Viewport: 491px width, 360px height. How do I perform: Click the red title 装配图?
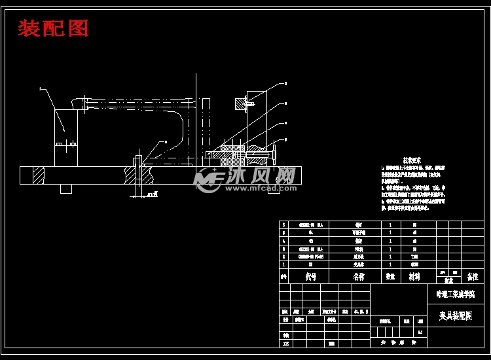(x=53, y=29)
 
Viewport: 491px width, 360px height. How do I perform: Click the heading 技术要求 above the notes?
(x=411, y=160)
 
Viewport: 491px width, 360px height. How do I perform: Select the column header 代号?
(x=310, y=277)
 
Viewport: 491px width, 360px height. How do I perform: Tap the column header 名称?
(x=358, y=277)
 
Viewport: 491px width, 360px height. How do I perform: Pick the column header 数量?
(x=390, y=277)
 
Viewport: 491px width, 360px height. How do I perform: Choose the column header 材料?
(x=415, y=277)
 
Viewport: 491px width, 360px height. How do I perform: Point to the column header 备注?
(x=472, y=277)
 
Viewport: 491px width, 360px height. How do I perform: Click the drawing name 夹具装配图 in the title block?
(x=455, y=315)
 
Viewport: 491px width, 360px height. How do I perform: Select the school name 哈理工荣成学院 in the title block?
(x=455, y=294)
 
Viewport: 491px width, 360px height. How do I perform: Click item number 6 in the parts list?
(x=283, y=225)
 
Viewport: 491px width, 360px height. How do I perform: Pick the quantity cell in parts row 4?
(x=390, y=241)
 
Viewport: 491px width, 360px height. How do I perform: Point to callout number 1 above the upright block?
(x=40, y=88)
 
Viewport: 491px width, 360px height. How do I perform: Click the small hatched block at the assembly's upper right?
(x=237, y=103)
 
